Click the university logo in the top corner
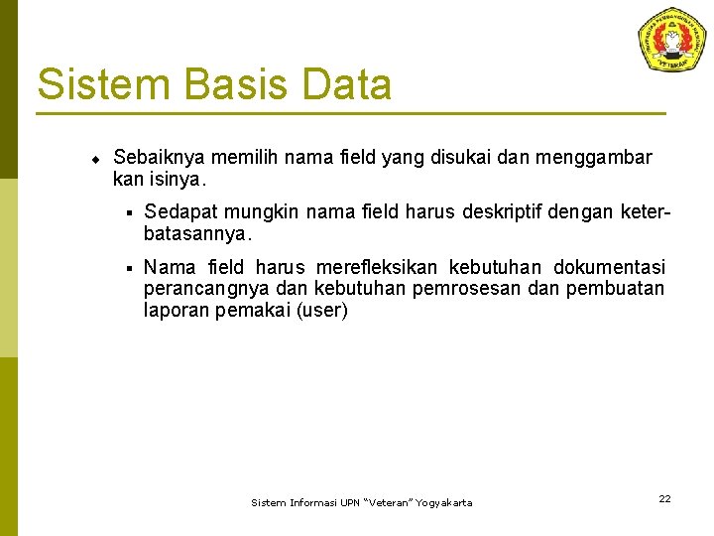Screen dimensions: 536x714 pos(672,40)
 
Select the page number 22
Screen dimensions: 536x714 pos(664,498)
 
